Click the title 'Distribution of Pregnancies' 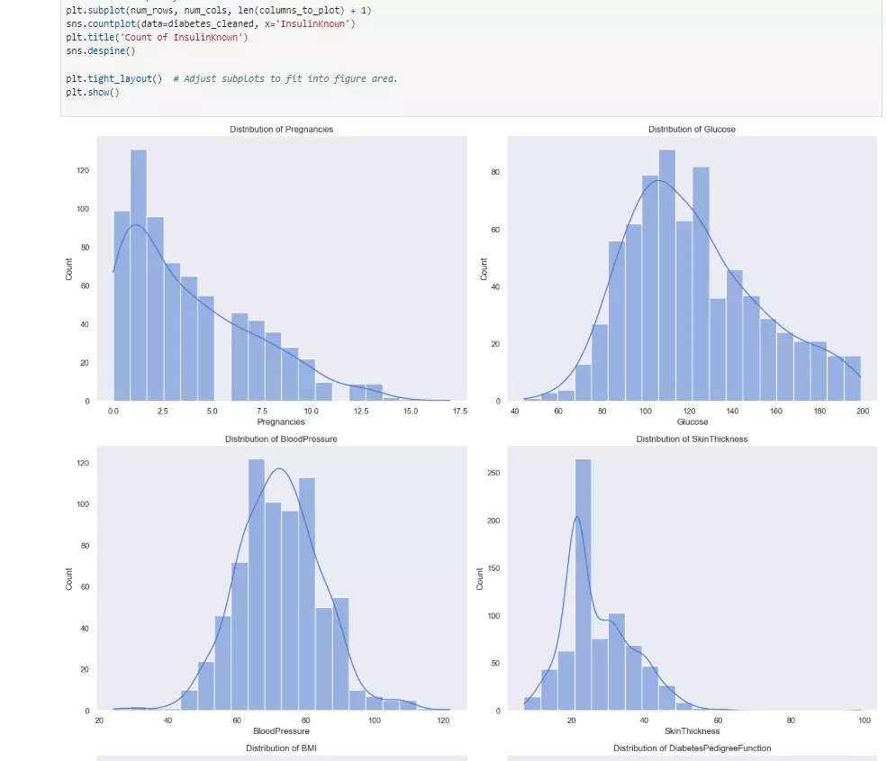281,130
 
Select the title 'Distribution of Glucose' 692,130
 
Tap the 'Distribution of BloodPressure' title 281,439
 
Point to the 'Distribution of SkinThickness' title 692,439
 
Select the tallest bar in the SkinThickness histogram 583,585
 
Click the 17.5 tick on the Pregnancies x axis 458,411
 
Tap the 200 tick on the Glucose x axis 863,411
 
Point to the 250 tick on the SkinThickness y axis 493,473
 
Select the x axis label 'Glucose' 692,421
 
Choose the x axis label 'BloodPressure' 281,730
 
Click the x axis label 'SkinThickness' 692,730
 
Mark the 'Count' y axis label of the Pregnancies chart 69,268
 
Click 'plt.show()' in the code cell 93,93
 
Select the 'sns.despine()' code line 100,51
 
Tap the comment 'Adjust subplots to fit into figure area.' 290,79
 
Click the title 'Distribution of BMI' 281,748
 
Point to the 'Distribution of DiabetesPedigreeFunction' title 692,748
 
